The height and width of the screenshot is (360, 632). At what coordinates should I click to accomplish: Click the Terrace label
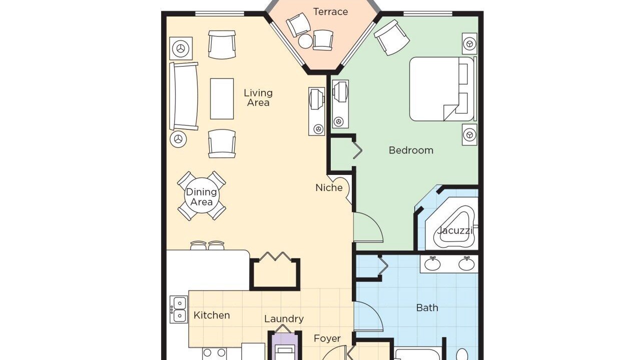330,12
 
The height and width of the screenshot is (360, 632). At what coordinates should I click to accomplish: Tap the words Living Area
258,97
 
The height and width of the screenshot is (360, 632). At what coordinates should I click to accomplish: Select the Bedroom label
411,150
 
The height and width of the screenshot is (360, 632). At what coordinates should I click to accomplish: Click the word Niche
329,188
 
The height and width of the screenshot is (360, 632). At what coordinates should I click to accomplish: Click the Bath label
427,307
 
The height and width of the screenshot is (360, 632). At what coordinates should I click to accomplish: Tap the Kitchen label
212,315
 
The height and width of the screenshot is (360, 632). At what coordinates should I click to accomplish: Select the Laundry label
284,319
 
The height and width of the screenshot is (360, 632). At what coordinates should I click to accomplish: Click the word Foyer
327,338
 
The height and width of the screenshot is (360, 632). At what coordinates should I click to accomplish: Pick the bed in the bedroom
441,89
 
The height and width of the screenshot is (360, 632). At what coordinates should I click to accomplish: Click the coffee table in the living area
222,99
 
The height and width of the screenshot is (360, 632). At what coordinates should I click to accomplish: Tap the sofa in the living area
184,96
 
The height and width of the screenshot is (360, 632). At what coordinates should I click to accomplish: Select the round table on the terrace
305,41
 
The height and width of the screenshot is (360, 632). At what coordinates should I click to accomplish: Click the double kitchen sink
179,309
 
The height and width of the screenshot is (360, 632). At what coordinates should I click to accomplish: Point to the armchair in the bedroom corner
392,37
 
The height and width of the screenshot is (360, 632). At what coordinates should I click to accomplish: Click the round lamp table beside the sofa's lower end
178,139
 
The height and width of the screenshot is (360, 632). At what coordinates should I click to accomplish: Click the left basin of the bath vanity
432,264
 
